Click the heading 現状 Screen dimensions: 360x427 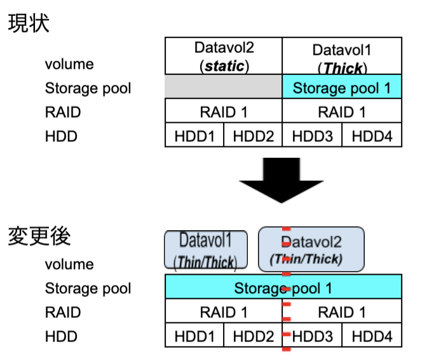pyautogui.click(x=28, y=24)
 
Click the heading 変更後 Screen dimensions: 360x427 pyautogui.click(x=39, y=236)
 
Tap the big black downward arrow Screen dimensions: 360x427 pyautogui.click(x=283, y=181)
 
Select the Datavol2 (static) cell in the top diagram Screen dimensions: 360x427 pyautogui.click(x=223, y=56)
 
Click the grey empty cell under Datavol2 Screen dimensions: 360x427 pyautogui.click(x=223, y=87)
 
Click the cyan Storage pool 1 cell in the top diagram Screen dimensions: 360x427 pyautogui.click(x=342, y=87)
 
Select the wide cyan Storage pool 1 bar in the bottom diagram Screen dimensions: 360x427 pyautogui.click(x=283, y=287)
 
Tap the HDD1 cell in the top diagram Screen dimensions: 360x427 pyautogui.click(x=194, y=135)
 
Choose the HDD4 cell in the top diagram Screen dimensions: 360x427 pyautogui.click(x=372, y=135)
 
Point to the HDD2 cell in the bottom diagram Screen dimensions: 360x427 pyautogui.click(x=253, y=335)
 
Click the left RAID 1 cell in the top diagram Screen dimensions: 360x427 pyautogui.click(x=223, y=112)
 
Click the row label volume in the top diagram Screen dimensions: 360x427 pyautogui.click(x=69, y=64)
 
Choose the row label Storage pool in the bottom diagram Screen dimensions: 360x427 pyautogui.click(x=88, y=288)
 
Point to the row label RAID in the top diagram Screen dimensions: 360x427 pyautogui.click(x=63, y=112)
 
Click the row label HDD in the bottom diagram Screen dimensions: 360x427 pyautogui.click(x=61, y=335)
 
